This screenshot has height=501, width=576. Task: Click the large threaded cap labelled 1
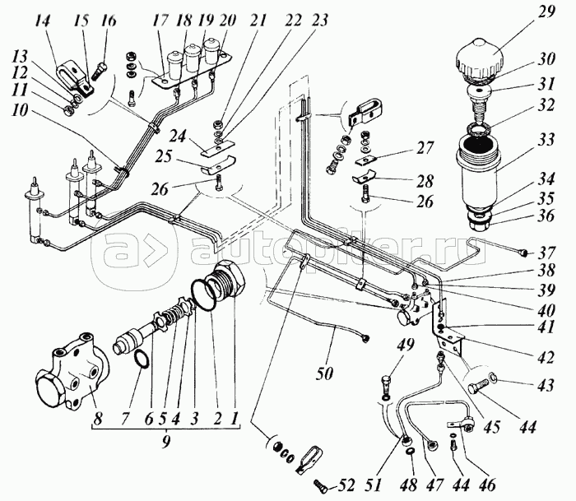click(225, 284)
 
